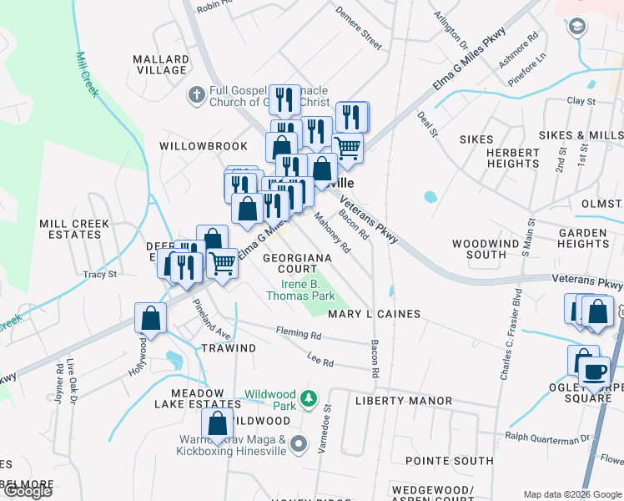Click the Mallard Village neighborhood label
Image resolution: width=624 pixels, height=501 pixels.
click(x=162, y=64)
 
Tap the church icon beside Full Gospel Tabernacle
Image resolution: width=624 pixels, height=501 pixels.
click(x=196, y=94)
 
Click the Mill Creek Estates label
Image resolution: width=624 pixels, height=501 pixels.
click(x=70, y=229)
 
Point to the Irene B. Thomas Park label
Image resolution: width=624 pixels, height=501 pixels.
click(x=300, y=290)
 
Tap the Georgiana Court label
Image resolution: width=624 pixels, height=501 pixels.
click(x=297, y=264)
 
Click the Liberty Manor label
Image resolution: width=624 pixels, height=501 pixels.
click(x=404, y=401)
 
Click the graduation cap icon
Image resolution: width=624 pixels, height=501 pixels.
click(x=576, y=28)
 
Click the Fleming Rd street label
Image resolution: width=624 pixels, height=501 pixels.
click(x=299, y=334)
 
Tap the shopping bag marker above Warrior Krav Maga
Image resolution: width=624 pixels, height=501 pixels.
click(x=218, y=424)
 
